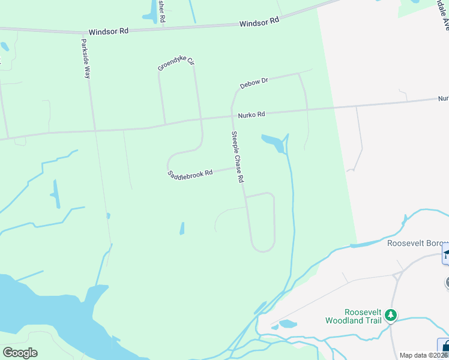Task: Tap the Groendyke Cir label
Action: pyautogui.click(x=176, y=64)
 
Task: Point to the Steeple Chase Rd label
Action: pyautogui.click(x=237, y=157)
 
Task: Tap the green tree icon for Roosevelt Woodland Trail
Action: pyautogui.click(x=391, y=315)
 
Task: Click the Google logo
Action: pyautogui.click(x=20, y=352)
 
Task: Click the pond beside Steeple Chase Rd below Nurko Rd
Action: pyautogui.click(x=274, y=143)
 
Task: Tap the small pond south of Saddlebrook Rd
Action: pyautogui.click(x=182, y=229)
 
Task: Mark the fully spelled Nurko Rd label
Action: pyautogui.click(x=251, y=114)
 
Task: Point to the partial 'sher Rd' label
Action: pyautogui.click(x=162, y=11)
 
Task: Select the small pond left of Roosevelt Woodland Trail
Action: pyautogui.click(x=288, y=324)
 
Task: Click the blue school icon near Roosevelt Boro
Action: pyautogui.click(x=445, y=253)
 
